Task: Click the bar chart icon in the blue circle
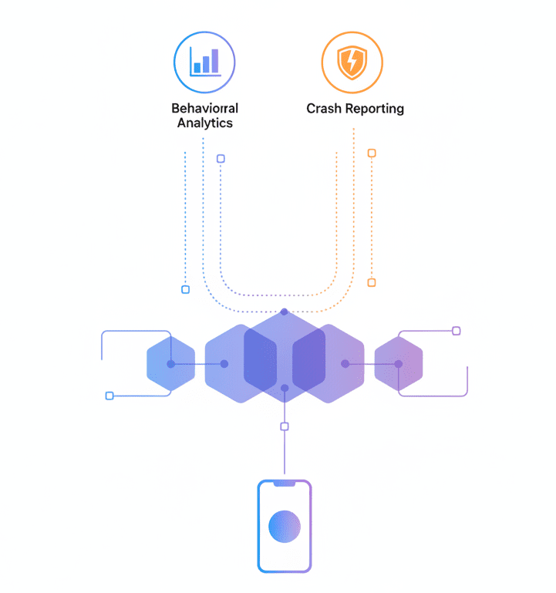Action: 205,62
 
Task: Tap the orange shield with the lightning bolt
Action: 352,62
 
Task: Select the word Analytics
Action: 205,123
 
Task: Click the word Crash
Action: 323,109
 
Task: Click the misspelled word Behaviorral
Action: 205,109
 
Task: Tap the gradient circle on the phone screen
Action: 285,527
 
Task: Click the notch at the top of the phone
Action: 285,483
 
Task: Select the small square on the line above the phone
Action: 285,426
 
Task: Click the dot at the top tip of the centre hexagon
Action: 285,312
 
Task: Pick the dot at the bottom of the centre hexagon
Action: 285,388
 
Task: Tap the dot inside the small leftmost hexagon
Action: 171,364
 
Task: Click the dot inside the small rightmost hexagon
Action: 398,364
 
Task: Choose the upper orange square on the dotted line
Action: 372,153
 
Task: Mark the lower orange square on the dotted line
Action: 372,282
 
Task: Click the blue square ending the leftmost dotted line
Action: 185,290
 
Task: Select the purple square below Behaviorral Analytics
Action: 221,158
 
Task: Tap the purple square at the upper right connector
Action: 457,332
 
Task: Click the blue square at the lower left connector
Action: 110,396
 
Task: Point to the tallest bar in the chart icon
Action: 215,60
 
